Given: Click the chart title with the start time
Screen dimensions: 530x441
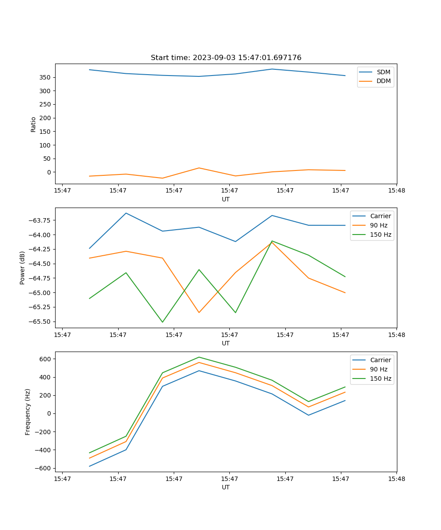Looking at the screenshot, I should coord(226,58).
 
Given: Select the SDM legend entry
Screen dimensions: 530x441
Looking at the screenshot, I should coord(383,72).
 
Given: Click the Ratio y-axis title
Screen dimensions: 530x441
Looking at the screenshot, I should coord(33,124).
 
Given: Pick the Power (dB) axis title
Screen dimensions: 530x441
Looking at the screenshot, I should coord(22,268).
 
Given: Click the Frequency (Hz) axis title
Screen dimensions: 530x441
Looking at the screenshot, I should coord(28,412).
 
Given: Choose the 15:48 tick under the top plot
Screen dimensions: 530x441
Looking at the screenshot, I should coord(396,191).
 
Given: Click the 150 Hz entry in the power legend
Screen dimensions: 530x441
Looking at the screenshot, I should coord(381,235).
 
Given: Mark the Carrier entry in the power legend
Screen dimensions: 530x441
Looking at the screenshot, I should coord(381,216).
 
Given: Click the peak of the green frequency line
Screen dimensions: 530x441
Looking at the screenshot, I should coord(199,357).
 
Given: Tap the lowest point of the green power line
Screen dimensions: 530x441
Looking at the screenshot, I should coord(162,322).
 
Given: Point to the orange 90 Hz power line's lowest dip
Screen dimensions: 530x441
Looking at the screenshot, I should coord(199,313).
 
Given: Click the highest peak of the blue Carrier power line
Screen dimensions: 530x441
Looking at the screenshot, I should coord(126,213).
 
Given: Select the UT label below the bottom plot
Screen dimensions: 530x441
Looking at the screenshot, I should coord(226,488).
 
